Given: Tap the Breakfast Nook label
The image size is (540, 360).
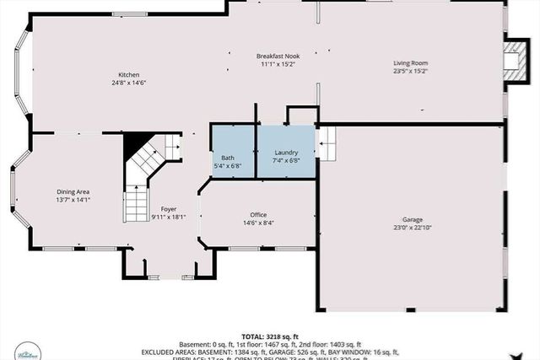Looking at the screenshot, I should tap(276, 56).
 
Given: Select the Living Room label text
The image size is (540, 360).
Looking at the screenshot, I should tap(411, 63).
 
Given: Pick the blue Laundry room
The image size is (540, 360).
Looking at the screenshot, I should tap(286, 152).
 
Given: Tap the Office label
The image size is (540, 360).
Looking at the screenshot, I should tap(257, 215).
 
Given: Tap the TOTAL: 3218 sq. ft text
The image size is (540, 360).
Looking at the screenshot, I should tap(270, 336).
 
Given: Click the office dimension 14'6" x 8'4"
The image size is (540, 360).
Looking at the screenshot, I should tap(257, 223).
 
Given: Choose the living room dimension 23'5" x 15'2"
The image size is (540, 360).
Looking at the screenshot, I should tap(411, 71).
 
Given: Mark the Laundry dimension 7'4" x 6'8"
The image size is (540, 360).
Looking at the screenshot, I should tap(286, 159).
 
